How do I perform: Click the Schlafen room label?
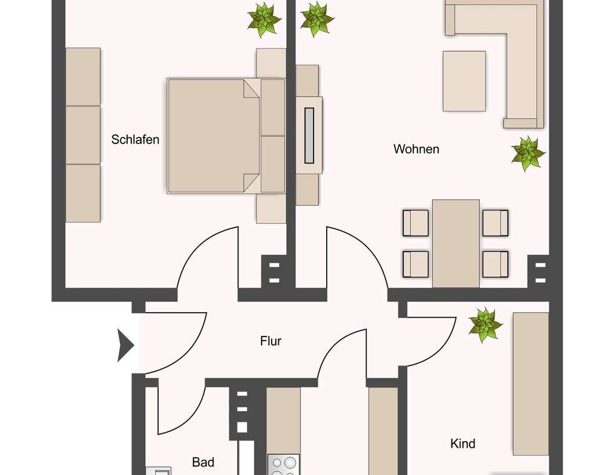click(x=135, y=140)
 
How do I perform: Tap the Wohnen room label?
click(x=416, y=149)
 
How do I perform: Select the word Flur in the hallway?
click(x=270, y=341)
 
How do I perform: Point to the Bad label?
click(x=203, y=462)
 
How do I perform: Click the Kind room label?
click(x=463, y=444)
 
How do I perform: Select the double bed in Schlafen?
click(x=226, y=136)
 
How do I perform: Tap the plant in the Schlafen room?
click(x=264, y=19)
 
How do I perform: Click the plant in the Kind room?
click(x=485, y=325)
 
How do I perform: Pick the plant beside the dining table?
click(x=528, y=154)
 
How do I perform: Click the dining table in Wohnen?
click(x=456, y=244)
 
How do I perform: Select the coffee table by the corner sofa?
click(x=464, y=81)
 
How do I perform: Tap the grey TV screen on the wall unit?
click(x=309, y=136)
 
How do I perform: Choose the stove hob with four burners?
click(x=283, y=465)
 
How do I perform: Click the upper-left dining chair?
click(x=416, y=223)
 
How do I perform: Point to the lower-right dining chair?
click(x=496, y=264)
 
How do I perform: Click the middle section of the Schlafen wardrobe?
click(x=83, y=135)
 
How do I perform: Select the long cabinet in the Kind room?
click(x=531, y=384)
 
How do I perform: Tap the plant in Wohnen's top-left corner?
click(x=317, y=19)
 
